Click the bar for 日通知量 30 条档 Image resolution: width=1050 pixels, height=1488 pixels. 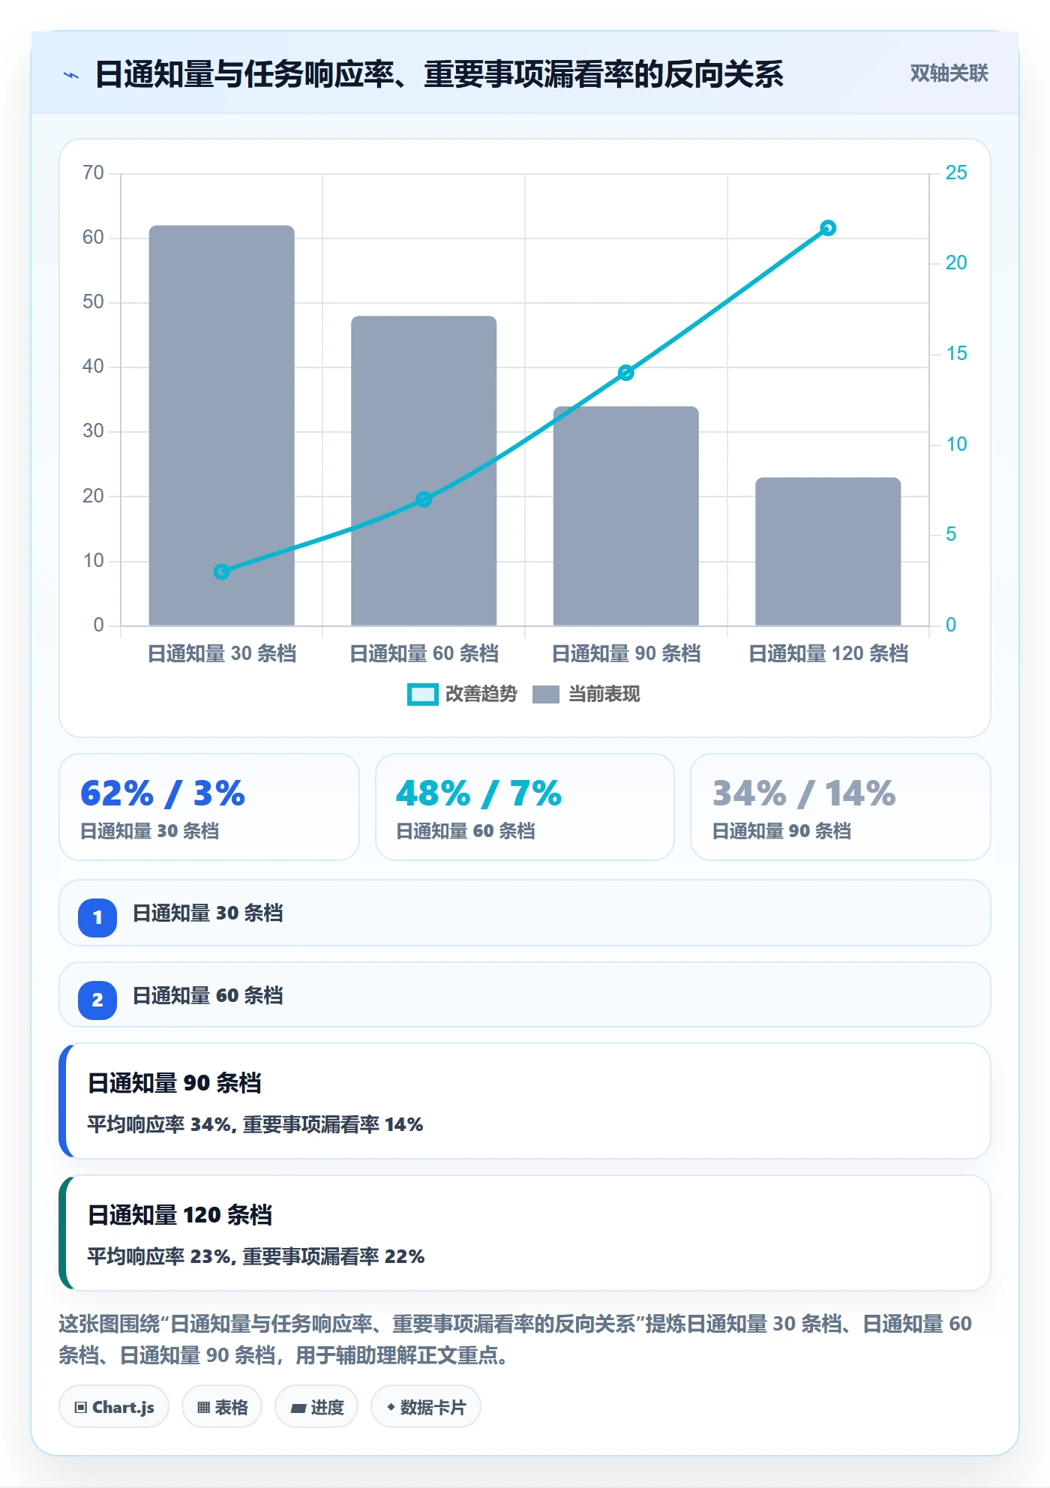pyautogui.click(x=221, y=425)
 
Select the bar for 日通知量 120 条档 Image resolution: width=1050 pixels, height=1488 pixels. pyautogui.click(x=828, y=551)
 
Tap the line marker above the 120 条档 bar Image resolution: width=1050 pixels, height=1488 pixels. pyautogui.click(x=828, y=228)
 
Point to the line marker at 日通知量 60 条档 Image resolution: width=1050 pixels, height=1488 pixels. pyautogui.click(x=424, y=499)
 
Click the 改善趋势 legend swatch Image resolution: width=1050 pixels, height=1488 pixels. pyautogui.click(x=422, y=694)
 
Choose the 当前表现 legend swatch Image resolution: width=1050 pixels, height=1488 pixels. pyautogui.click(x=546, y=694)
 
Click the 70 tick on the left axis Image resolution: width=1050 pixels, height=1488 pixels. pyautogui.click(x=93, y=173)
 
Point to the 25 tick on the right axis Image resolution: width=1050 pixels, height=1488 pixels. pyautogui.click(x=956, y=173)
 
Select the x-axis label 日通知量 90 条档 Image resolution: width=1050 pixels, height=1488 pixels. pyautogui.click(x=626, y=653)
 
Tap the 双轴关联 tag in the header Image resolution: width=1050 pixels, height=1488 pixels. pyautogui.click(x=949, y=73)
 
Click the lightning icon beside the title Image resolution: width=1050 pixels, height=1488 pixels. pyautogui.click(x=71, y=75)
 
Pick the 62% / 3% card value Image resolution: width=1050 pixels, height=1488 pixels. pyautogui.click(x=163, y=793)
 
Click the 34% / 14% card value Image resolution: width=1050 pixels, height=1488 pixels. pyautogui.click(x=804, y=793)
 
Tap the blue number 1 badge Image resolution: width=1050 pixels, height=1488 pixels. pyautogui.click(x=97, y=917)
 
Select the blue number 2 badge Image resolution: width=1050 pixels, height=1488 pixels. pyautogui.click(x=97, y=1000)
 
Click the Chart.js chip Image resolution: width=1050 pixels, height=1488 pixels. pyautogui.click(x=114, y=1407)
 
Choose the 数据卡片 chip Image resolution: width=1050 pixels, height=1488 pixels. pyautogui.click(x=426, y=1407)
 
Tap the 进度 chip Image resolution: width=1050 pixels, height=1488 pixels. pyautogui.click(x=316, y=1407)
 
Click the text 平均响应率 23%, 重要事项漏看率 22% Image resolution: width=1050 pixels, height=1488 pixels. pyautogui.click(x=256, y=1256)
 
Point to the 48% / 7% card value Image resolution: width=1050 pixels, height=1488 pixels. pyautogui.click(x=478, y=793)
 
